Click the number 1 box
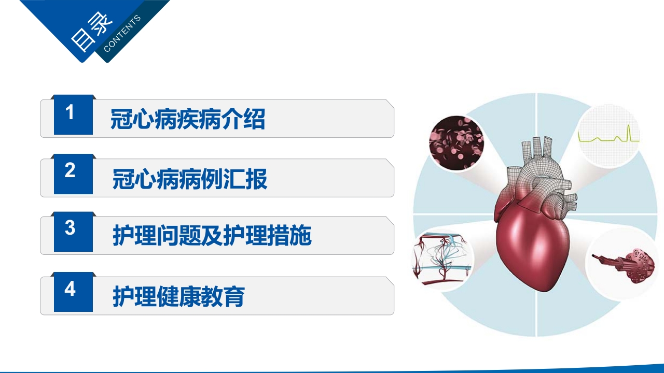(x=73, y=115)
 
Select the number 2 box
(x=73, y=174)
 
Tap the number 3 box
(x=73, y=232)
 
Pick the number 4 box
(x=73, y=292)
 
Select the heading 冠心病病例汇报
(x=190, y=179)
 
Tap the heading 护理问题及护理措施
(x=212, y=236)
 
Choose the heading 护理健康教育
(x=178, y=297)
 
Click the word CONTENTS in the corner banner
(x=122, y=34)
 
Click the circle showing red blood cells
(x=457, y=144)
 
